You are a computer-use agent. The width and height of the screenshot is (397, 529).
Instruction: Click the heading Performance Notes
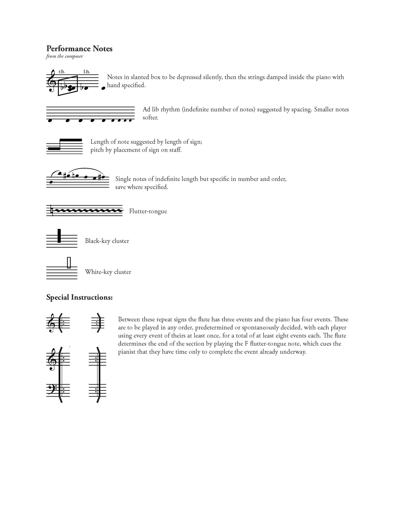[x=79, y=49]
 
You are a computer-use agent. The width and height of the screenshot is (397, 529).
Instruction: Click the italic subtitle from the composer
[x=64, y=57]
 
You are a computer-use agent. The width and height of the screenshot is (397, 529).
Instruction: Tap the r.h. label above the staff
[x=61, y=72]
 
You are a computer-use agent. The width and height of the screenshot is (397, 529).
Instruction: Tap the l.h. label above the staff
[x=86, y=72]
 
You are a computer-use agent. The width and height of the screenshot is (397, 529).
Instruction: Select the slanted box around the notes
[x=68, y=86]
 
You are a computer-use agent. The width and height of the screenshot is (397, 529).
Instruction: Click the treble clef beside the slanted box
[x=51, y=81]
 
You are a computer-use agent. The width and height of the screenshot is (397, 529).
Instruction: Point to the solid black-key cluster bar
[x=59, y=236]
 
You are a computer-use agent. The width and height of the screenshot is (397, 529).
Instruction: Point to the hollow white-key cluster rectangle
[x=69, y=263]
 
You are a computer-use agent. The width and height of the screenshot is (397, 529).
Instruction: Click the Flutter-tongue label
[x=148, y=211]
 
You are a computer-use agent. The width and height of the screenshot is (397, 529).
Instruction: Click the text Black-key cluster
[x=107, y=241]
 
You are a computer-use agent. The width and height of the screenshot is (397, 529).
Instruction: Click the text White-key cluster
[x=108, y=272]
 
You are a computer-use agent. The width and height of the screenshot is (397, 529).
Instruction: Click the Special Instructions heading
[x=79, y=298]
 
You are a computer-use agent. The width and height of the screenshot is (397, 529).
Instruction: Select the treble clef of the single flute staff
[x=51, y=323]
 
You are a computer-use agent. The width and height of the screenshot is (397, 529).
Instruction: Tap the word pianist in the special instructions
[x=128, y=352]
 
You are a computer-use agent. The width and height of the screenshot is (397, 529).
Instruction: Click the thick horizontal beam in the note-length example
[x=71, y=140]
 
